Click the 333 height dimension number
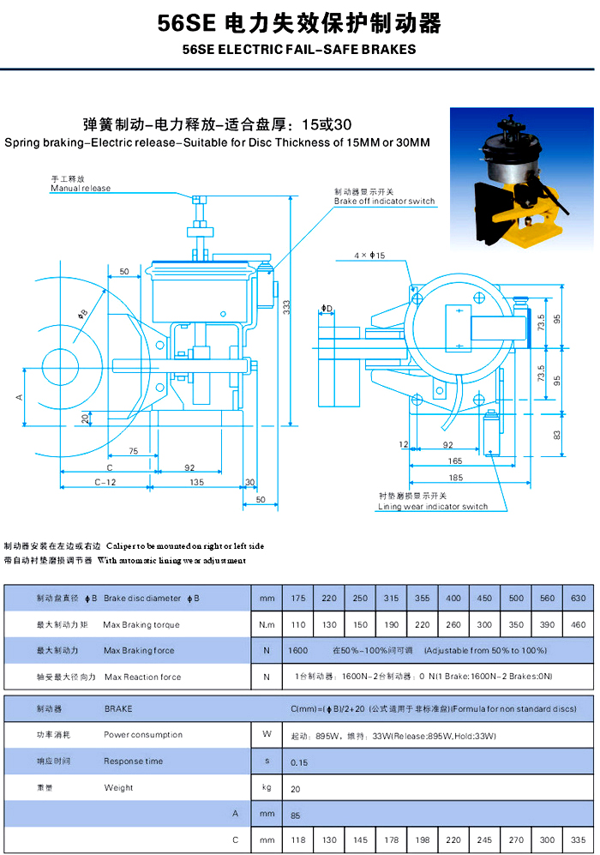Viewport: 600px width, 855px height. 287,307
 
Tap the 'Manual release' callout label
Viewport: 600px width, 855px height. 81,188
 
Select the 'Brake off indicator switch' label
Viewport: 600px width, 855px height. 384,202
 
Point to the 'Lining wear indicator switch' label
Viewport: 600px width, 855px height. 433,507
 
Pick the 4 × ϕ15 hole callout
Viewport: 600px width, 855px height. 369,256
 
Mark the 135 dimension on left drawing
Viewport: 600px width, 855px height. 196,482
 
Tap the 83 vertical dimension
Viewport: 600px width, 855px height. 557,435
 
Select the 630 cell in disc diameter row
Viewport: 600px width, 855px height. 579,598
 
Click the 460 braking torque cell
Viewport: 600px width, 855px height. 579,624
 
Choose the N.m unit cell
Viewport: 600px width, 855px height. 267,624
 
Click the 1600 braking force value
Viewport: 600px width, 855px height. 298,651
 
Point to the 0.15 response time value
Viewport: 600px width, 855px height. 299,762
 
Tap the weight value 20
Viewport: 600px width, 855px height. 296,787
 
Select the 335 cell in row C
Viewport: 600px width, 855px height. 579,840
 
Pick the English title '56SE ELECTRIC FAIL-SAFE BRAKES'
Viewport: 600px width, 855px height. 299,50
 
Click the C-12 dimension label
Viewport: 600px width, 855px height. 105,482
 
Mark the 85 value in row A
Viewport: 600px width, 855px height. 296,814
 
